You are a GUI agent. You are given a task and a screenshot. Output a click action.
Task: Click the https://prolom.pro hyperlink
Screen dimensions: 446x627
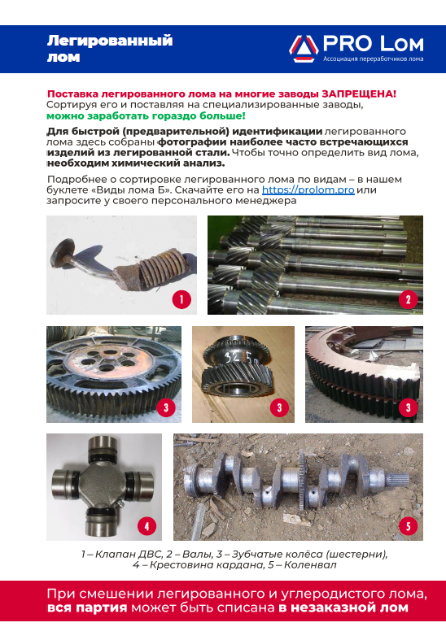(x=308, y=190)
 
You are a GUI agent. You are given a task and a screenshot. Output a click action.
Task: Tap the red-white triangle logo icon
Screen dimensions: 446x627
(x=304, y=49)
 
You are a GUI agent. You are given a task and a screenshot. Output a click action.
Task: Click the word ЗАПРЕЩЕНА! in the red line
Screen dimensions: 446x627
(x=359, y=94)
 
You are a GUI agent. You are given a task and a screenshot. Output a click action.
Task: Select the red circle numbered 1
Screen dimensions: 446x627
(x=181, y=299)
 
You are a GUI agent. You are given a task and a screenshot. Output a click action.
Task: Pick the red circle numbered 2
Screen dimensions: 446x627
(x=409, y=299)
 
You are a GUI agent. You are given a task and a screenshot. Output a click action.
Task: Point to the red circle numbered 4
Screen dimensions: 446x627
(x=146, y=526)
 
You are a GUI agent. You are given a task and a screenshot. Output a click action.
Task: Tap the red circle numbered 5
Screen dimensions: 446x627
(x=408, y=526)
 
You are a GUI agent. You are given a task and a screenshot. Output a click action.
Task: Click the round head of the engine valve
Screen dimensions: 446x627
(x=62, y=251)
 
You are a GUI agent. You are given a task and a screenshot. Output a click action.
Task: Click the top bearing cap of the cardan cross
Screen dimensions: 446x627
(x=103, y=443)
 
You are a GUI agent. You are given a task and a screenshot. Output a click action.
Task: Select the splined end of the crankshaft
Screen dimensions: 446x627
(x=397, y=478)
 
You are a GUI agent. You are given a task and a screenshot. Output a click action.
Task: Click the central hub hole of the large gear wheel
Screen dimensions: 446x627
(x=110, y=353)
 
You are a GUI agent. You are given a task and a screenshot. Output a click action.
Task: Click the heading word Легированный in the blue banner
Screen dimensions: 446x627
(x=110, y=41)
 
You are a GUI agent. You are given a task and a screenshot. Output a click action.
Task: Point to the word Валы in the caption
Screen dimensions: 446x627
(x=197, y=555)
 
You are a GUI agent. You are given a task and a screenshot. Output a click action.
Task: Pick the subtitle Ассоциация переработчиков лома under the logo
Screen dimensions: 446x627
(x=373, y=59)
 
